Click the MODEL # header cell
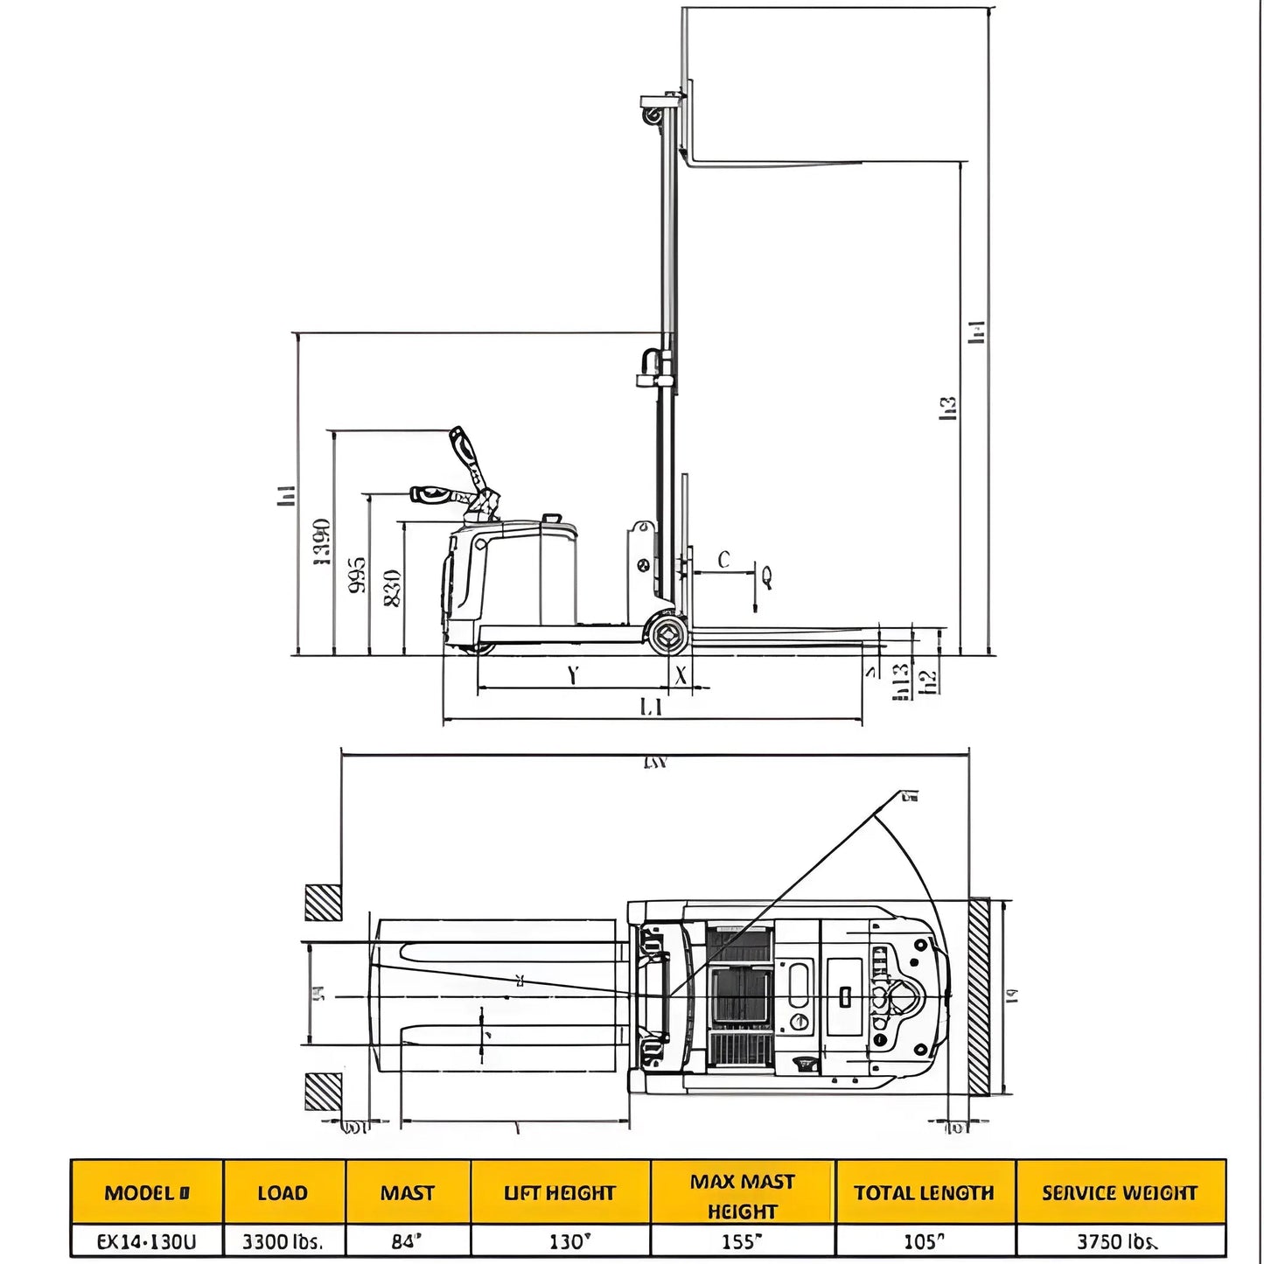point(146,1192)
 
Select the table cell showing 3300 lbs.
point(283,1241)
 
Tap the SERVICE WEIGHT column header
point(1119,1192)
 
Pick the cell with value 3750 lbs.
point(1119,1241)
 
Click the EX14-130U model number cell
point(146,1241)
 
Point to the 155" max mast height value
point(742,1241)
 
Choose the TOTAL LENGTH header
point(924,1192)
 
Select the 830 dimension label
point(393,588)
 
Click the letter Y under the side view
point(572,675)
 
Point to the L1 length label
point(651,707)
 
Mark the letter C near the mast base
point(723,560)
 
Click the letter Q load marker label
point(767,576)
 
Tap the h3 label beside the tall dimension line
point(948,409)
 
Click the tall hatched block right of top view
point(979,996)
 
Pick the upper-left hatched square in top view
point(323,902)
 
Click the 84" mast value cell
point(407,1241)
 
